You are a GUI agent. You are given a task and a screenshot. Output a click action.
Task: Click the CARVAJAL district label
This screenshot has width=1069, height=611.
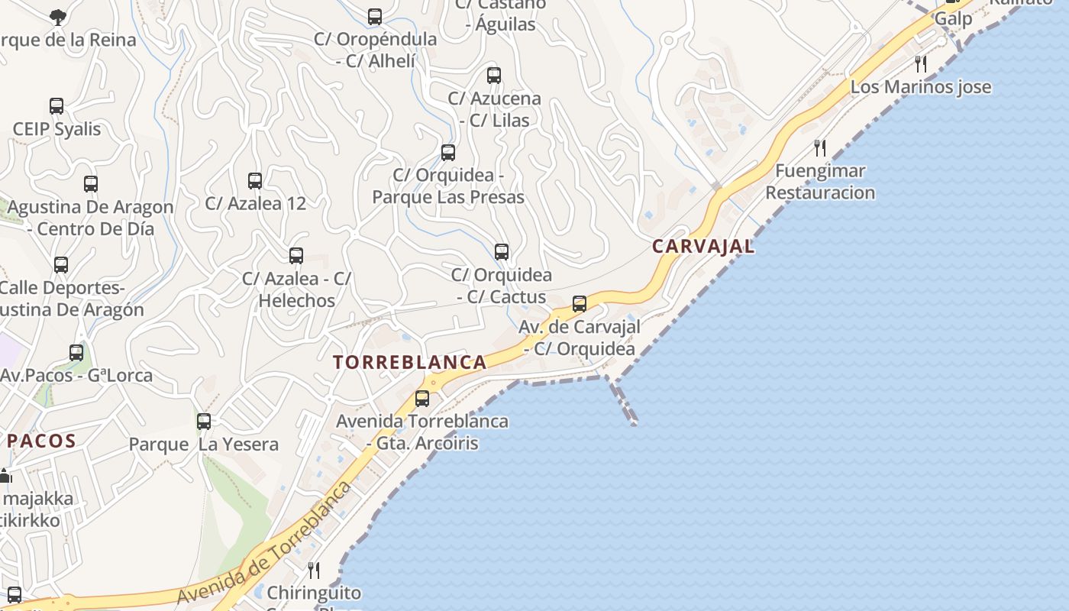[703, 246]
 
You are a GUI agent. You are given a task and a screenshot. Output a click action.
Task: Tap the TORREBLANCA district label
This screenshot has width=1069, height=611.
[410, 362]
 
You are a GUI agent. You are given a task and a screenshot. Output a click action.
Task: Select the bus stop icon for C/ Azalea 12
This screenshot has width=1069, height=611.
[255, 181]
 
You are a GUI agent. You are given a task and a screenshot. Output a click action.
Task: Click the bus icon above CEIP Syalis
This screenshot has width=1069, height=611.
[57, 106]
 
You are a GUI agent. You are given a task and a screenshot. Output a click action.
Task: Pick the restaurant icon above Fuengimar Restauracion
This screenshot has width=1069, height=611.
[820, 147]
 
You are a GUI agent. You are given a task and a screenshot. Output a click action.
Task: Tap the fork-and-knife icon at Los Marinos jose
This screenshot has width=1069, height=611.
[921, 63]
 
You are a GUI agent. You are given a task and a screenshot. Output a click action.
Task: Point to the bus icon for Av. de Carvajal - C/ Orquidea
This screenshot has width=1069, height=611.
[580, 304]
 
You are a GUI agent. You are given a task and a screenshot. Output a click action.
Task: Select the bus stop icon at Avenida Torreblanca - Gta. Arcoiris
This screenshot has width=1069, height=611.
[422, 398]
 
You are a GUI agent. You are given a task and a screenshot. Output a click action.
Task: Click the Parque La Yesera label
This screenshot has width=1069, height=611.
[203, 445]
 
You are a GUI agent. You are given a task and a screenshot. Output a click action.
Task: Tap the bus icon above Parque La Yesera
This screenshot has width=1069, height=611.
[204, 421]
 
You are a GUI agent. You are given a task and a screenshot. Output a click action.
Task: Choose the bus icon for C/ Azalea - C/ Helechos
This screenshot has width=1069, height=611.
[296, 256]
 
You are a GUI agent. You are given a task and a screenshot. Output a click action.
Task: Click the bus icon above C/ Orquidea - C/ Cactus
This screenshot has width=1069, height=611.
[502, 252]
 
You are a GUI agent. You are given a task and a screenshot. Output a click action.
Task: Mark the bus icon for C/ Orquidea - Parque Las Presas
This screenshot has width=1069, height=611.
[448, 153]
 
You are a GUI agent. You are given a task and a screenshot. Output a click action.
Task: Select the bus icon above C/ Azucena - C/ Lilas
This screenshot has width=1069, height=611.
[494, 76]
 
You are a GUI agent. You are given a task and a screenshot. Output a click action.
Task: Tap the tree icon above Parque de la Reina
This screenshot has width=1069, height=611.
[57, 17]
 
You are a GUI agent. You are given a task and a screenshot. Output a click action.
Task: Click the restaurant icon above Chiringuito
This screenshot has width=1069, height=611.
[314, 570]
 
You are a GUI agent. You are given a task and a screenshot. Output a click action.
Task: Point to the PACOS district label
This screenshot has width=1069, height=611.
[42, 441]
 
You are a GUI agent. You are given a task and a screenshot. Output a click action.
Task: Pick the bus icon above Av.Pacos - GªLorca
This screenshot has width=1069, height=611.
[76, 353]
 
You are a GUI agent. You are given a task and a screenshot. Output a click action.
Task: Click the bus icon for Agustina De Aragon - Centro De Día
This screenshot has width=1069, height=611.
[91, 184]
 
